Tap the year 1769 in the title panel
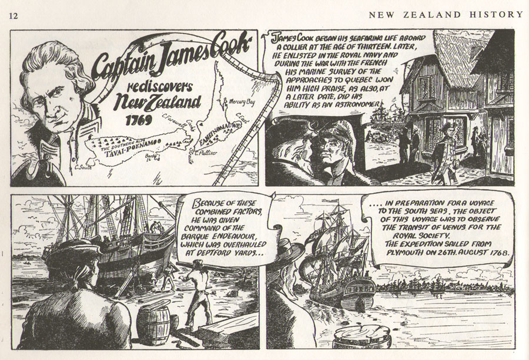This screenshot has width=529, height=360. [139, 120]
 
